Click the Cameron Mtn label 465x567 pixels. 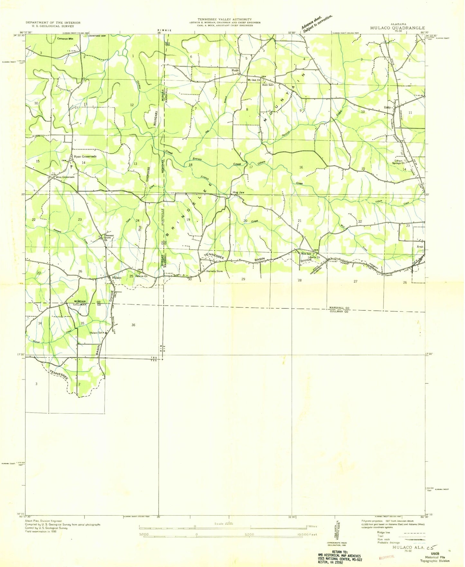pos(65,39)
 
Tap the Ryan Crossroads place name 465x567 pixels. pos(85,157)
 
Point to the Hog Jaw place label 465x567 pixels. pos(238,192)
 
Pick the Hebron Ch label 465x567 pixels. pos(141,276)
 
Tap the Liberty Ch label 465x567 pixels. pos(314,257)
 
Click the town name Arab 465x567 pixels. pos(420,247)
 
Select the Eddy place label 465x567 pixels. pos(387,107)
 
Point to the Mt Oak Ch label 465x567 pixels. pos(254,80)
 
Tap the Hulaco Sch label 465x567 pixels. pos(96,333)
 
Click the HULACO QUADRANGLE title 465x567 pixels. pos(397,28)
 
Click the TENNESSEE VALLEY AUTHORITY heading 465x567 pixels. pos(225,20)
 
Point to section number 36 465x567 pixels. pos(133,325)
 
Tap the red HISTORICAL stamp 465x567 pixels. pos(387,557)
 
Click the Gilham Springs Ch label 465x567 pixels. pos(398,162)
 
